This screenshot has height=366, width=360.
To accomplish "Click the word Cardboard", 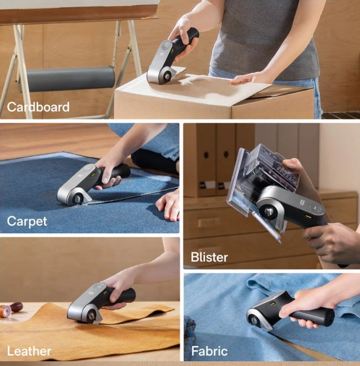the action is (x=38, y=107).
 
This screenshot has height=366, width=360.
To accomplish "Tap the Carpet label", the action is (x=27, y=221).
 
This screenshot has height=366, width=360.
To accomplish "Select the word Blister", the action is (x=209, y=257).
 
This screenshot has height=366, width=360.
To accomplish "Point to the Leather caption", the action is (x=29, y=351).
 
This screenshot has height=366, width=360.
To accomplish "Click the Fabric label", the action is (x=210, y=351).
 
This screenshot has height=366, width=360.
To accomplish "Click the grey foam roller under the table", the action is (x=70, y=79).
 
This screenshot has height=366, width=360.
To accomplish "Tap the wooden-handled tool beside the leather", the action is (x=10, y=309).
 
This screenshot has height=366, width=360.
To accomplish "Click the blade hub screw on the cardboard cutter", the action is (x=167, y=77).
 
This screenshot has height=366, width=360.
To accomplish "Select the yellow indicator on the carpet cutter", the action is (x=93, y=175).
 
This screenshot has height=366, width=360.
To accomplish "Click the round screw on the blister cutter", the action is (x=269, y=211).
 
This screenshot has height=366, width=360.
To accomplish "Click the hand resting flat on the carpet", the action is (x=168, y=206).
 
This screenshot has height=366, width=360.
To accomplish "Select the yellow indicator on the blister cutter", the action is (x=309, y=217).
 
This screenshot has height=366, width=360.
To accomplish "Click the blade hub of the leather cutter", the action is (x=90, y=316).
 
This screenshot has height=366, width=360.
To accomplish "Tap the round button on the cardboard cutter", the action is (x=166, y=45).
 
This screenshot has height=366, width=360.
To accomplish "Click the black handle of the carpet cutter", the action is (x=117, y=173).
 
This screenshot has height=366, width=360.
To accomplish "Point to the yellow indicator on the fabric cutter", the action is (x=272, y=304).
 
